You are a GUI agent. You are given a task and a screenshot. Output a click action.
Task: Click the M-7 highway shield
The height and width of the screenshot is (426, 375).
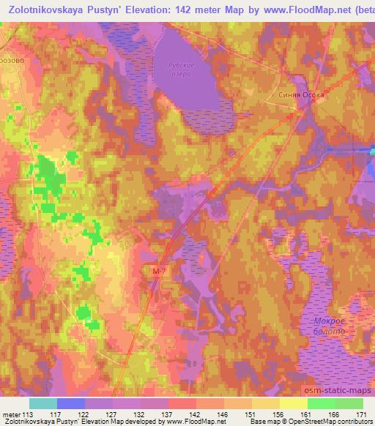(160, 272)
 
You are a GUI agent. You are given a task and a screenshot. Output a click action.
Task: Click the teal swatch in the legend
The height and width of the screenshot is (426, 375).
(42, 403)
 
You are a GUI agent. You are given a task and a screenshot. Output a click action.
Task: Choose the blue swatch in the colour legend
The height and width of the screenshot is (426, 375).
(70, 403)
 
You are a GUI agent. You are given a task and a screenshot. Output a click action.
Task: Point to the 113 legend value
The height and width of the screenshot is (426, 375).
(28, 414)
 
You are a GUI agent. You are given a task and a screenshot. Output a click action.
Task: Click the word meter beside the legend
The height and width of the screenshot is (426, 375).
(11, 414)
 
